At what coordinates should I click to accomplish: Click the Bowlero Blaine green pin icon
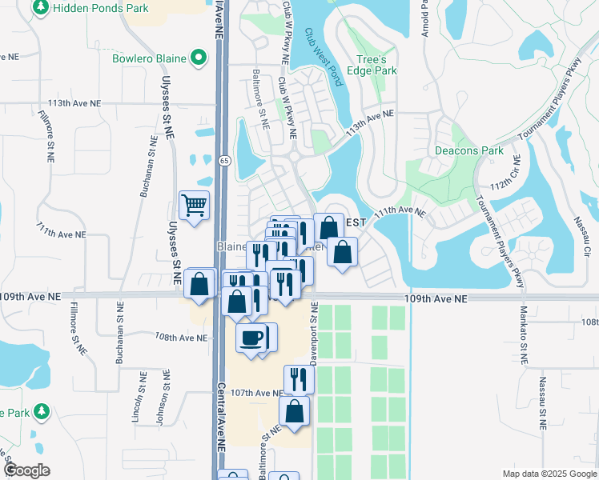click(197, 58)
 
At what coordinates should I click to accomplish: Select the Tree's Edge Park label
click(376, 65)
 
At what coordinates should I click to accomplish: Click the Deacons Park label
click(468, 150)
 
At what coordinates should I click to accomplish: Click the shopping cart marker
click(195, 206)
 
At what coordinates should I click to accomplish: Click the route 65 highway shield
click(225, 160)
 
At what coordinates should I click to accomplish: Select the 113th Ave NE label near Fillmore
click(75, 104)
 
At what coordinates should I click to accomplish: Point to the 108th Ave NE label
click(182, 338)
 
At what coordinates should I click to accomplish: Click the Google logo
click(26, 470)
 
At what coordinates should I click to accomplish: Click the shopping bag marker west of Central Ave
click(199, 283)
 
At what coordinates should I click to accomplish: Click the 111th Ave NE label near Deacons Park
click(399, 210)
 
